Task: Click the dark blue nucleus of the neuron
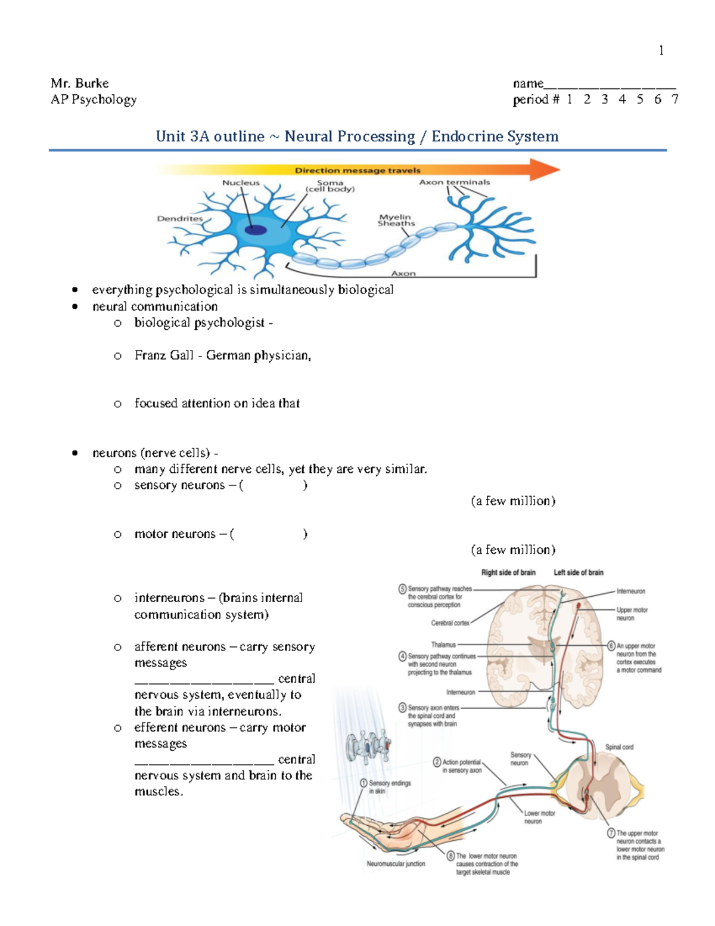[256, 230]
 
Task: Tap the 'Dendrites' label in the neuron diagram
[179, 219]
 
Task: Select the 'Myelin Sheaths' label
[396, 220]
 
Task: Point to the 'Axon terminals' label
[454, 182]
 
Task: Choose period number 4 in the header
[622, 100]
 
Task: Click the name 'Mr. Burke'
[79, 83]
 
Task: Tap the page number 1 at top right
[661, 51]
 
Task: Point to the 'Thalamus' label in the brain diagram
[443, 645]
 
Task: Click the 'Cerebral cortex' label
[450, 623]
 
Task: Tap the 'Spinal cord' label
[619, 747]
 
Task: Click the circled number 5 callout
[403, 589]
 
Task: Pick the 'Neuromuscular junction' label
[396, 863]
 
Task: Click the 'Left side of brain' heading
[578, 572]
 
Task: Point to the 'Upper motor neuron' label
[632, 614]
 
